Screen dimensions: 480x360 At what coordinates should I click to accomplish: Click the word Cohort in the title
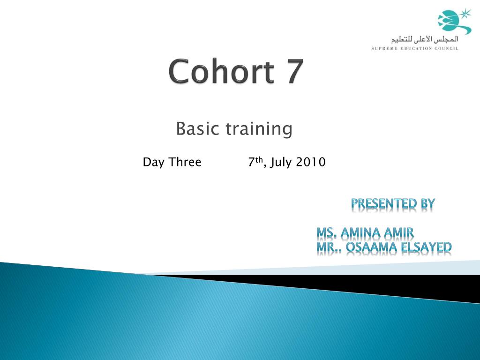(x=221, y=71)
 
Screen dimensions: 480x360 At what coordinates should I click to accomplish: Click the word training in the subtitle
(x=259, y=129)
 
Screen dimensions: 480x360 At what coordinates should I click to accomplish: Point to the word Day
(x=154, y=162)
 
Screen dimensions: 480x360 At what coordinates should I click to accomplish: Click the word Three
(x=185, y=162)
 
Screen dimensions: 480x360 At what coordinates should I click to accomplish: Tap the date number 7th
(x=255, y=162)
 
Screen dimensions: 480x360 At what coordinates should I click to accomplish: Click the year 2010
(x=310, y=162)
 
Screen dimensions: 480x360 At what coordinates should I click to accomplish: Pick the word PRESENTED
(x=384, y=203)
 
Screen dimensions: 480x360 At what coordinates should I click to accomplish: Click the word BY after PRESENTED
(x=428, y=203)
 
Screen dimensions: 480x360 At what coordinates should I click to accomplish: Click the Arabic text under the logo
(x=425, y=39)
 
